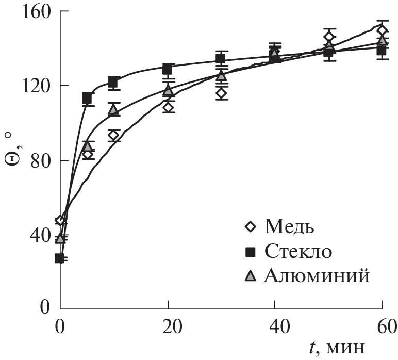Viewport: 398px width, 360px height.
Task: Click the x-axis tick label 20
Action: pyautogui.click(x=167, y=327)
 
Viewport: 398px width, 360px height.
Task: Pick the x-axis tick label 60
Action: pyautogui.click(x=382, y=327)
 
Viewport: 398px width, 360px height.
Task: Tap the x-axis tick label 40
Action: pyautogui.click(x=275, y=327)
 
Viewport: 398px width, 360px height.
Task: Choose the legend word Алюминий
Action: pyautogui.click(x=317, y=276)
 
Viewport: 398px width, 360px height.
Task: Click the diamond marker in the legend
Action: pyautogui.click(x=251, y=226)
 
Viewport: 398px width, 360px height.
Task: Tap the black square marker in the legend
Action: pyautogui.click(x=251, y=252)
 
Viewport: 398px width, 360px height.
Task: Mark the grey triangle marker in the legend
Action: pyautogui.click(x=251, y=276)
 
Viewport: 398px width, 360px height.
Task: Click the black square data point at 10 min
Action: pyautogui.click(x=113, y=82)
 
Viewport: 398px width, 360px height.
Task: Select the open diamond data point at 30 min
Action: pyautogui.click(x=221, y=93)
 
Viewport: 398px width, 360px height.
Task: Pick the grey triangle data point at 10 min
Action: pyautogui.click(x=113, y=109)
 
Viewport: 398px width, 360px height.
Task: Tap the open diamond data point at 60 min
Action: pyautogui.click(x=382, y=30)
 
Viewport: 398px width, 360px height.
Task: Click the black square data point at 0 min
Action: pyautogui.click(x=60, y=258)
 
